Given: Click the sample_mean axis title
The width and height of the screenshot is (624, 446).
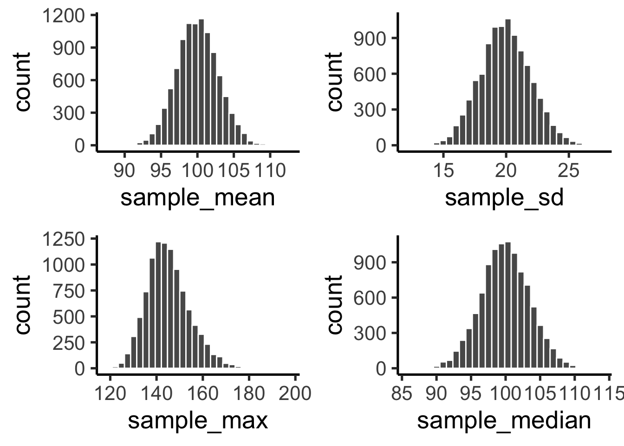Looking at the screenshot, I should tap(198, 197).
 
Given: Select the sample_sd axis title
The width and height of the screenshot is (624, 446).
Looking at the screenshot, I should tap(504, 197).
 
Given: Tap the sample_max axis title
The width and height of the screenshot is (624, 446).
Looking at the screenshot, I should tap(198, 420).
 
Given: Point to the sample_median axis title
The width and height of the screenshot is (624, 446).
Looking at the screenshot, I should tap(504, 420).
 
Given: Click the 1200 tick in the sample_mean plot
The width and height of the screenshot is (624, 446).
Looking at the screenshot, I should tap(64, 16).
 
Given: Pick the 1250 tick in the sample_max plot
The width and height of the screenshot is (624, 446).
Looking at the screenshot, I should tap(64, 239).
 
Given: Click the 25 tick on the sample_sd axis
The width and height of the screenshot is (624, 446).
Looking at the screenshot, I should tap(568, 171).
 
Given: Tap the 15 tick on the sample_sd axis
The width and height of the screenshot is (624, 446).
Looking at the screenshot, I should tap(443, 171).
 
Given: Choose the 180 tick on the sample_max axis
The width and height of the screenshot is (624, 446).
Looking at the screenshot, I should tap(249, 394).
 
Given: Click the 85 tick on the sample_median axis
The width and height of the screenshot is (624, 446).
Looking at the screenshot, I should tap(402, 394).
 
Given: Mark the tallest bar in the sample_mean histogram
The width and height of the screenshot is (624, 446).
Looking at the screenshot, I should tap(201, 84).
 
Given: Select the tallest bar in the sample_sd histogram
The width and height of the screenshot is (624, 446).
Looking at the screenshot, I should tap(507, 84).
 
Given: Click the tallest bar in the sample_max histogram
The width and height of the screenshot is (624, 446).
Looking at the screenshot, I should tap(158, 307).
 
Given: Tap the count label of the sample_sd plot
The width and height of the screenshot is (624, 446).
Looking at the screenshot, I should tap(334, 81).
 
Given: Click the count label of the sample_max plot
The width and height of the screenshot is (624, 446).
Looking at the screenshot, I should tap(22, 304).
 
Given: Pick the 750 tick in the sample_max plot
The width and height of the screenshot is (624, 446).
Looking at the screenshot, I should tap(70, 291).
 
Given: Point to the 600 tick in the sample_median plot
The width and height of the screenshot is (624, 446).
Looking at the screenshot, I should tap(370, 298).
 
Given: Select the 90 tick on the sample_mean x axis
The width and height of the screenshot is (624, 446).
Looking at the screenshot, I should tap(124, 171).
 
